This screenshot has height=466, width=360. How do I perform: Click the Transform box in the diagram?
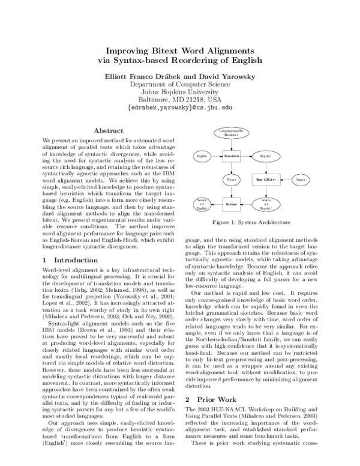coord(231,156)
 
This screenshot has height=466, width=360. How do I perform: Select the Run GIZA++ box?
coord(265,180)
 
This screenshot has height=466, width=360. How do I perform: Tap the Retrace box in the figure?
coord(231,204)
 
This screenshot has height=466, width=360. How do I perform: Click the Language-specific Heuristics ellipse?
coord(231,133)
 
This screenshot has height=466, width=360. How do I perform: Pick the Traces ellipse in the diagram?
coord(231,180)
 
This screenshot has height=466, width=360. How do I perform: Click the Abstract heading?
coord(109,130)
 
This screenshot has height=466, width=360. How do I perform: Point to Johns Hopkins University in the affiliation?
coord(179,92)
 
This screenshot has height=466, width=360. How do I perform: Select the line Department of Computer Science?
coord(179,84)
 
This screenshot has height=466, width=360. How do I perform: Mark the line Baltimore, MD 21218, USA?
coord(179,100)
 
